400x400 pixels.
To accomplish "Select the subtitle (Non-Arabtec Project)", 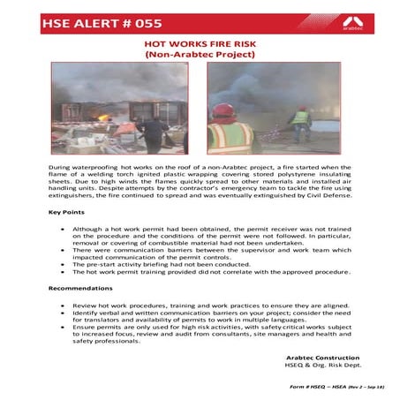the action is point(200,54).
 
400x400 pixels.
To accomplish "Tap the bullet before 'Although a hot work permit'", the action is point(61,228).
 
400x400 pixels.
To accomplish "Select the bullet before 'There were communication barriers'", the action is point(61,250).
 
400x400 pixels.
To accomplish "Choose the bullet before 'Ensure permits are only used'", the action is point(61,326).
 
